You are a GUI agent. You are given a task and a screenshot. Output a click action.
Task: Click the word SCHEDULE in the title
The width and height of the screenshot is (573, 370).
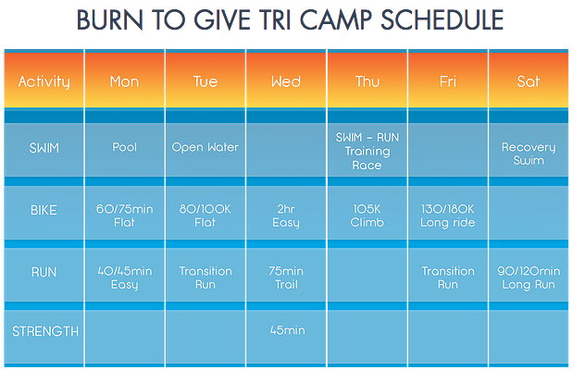point(442,19)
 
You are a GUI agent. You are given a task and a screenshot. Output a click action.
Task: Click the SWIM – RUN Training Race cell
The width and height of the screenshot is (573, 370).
point(367,151)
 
